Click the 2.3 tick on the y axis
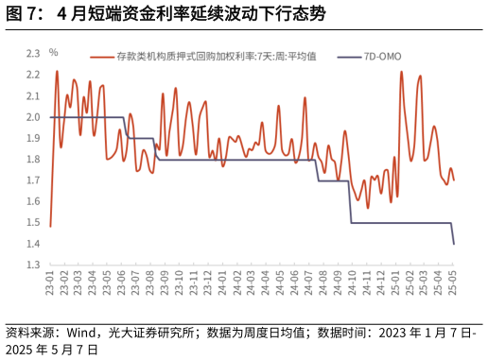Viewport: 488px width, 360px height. [x=32, y=54]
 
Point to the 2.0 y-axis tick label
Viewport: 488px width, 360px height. [x=32, y=117]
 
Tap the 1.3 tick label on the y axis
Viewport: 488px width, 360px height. [x=32, y=266]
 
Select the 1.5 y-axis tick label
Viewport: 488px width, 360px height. [x=32, y=223]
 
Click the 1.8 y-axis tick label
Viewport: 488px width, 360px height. [x=32, y=160]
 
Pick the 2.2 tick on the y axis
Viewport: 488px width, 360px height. [x=32, y=75]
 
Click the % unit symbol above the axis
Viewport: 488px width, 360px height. [x=54, y=52]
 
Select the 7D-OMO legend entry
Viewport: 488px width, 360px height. [x=381, y=57]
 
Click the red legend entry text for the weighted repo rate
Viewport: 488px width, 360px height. [x=222, y=57]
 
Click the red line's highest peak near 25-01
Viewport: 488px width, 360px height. [x=401, y=72]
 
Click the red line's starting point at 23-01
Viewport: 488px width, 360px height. [x=50, y=226]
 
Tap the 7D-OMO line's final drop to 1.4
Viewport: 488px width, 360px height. [x=454, y=244]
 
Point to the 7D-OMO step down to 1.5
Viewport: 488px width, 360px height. [x=351, y=222]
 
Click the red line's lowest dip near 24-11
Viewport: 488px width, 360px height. [x=367, y=207]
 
